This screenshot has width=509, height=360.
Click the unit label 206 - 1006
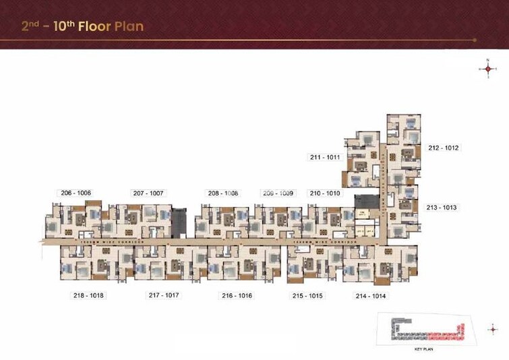pos(76,193)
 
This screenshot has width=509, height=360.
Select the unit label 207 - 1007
pos(148,193)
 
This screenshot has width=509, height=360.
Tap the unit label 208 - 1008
pos(222,193)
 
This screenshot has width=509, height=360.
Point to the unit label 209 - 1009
pos(278,193)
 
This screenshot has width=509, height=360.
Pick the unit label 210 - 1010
pos(324,193)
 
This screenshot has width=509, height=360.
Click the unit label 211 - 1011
pos(325,157)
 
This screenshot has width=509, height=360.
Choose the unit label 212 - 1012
pos(443,148)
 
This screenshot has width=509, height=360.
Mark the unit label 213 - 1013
pos(442,208)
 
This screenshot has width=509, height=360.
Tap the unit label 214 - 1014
pos(371,296)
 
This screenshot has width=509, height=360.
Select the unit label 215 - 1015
pos(307,296)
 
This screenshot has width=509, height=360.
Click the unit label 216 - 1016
pos(236,296)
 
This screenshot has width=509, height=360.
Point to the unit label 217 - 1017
pos(164,295)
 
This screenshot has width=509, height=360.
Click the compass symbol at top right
pos(487,68)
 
